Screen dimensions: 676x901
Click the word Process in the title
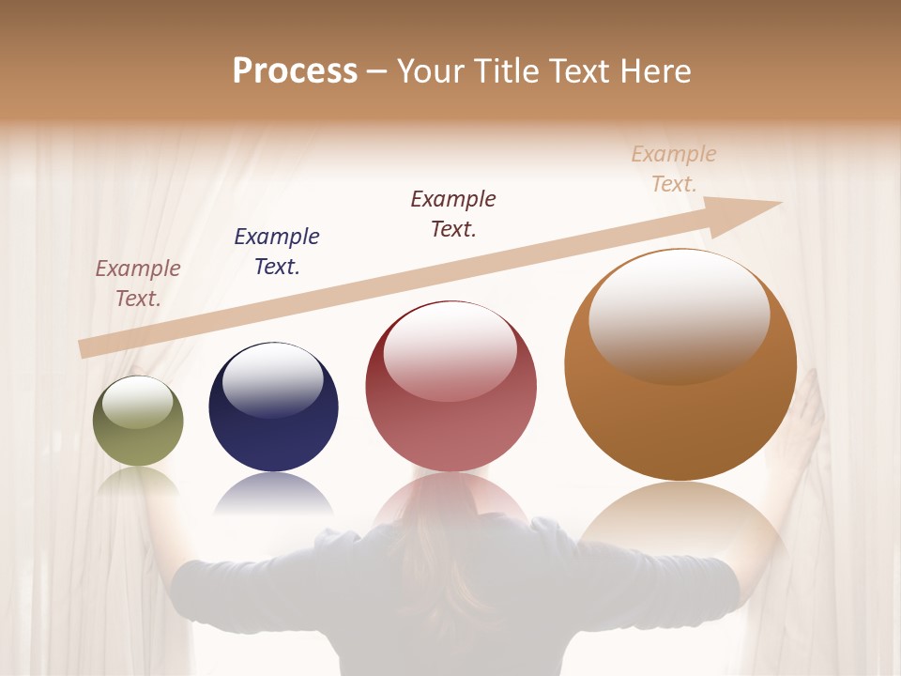[x=295, y=71]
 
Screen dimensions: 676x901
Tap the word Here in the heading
[x=654, y=71]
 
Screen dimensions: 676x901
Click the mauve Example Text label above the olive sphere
[x=138, y=283]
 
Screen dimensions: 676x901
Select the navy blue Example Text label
[x=277, y=251]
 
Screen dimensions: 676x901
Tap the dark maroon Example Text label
[x=453, y=213]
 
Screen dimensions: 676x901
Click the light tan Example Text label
[x=674, y=168]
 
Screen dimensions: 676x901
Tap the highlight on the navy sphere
[x=273, y=379]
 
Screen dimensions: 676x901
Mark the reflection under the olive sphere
[x=138, y=481]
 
